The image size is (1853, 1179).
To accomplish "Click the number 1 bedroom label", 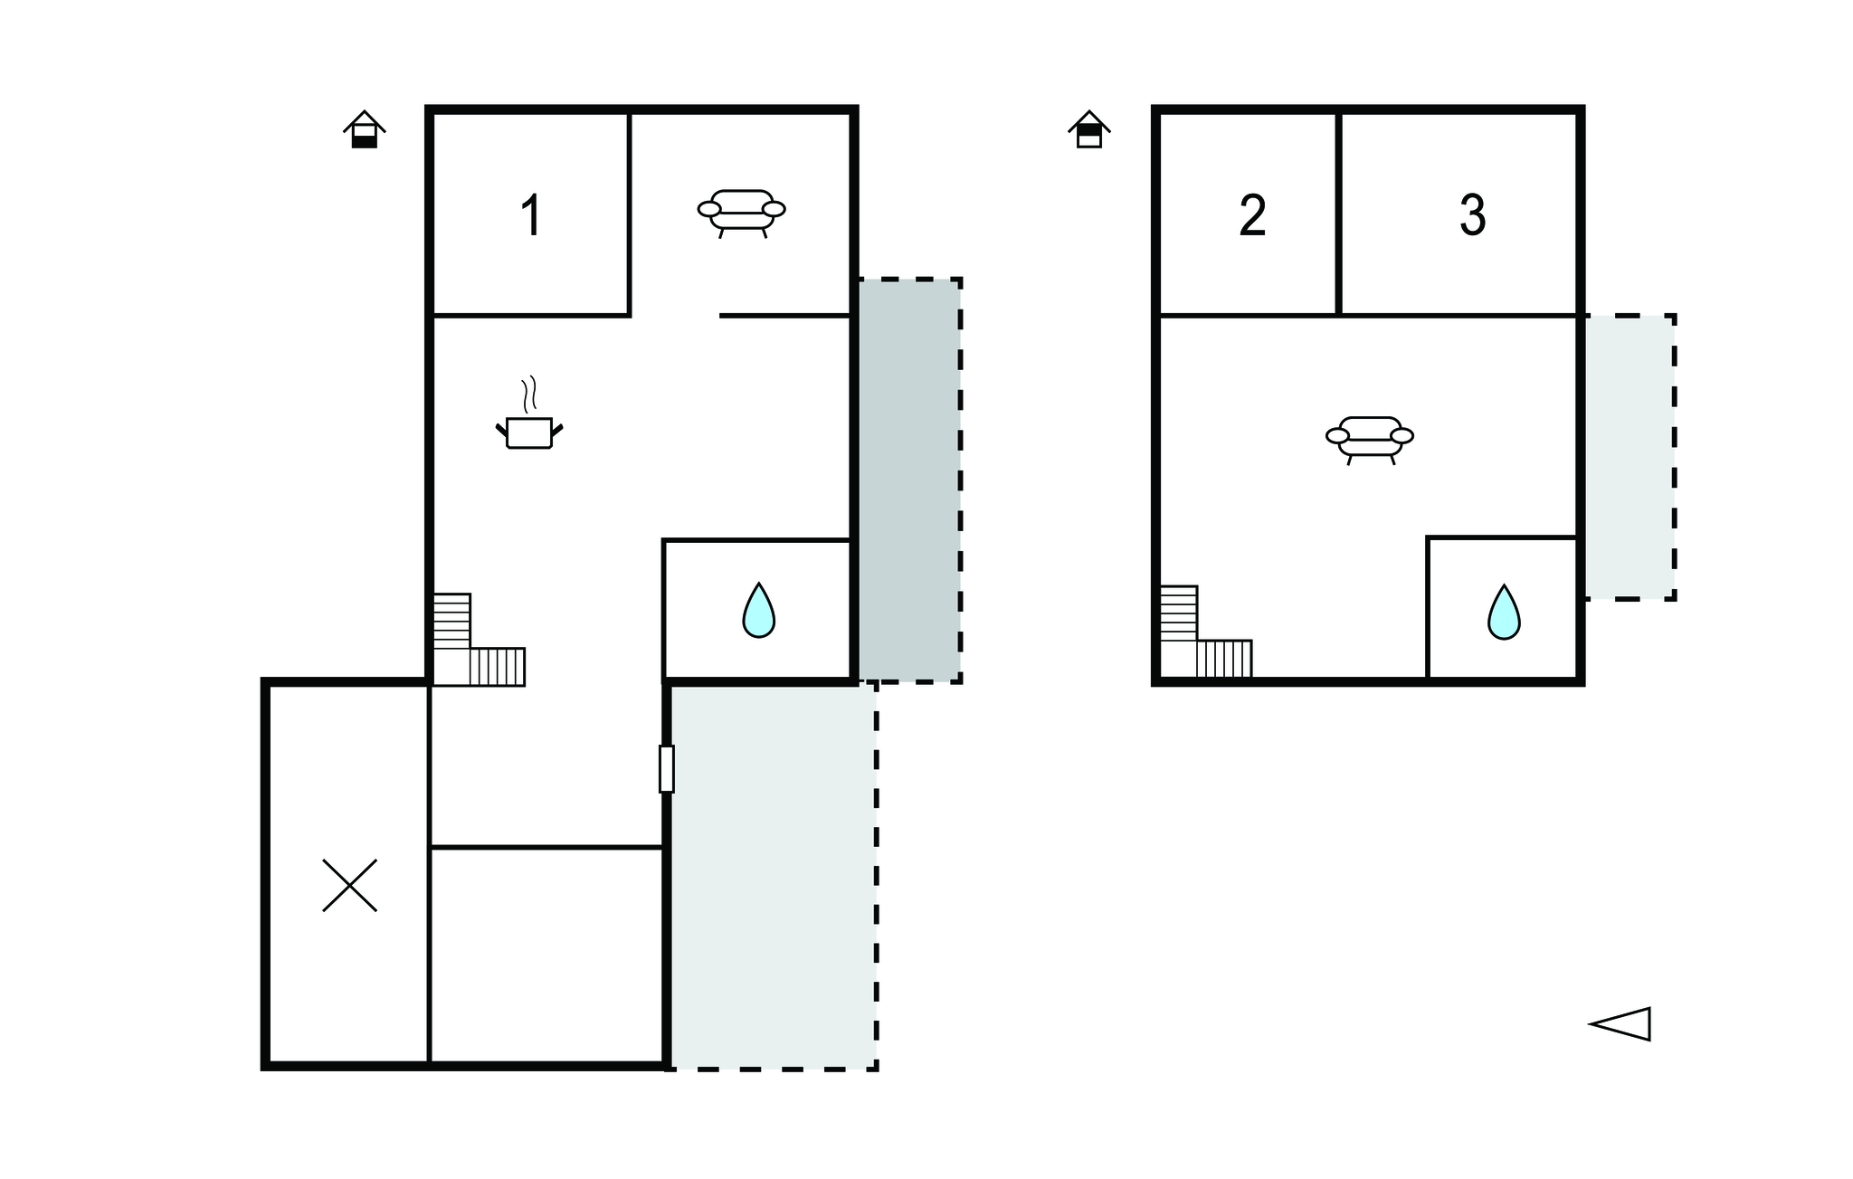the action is click(531, 216).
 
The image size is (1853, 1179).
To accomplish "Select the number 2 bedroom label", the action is click(1252, 216).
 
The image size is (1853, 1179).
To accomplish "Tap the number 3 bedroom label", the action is click(1472, 216).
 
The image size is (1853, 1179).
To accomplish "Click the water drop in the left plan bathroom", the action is click(758, 610).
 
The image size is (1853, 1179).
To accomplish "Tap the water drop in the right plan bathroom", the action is click(1504, 612).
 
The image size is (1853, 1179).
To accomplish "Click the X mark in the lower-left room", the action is click(350, 885).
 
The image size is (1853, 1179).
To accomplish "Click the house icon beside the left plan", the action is click(365, 128).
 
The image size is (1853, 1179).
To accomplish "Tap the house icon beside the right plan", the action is click(1089, 128).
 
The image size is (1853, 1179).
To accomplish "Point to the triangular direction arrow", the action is click(1620, 1024).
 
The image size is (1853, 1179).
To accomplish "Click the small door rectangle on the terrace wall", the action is click(667, 768).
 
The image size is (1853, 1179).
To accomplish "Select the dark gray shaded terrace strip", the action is click(909, 480).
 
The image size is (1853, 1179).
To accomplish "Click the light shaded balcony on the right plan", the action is click(1628, 457).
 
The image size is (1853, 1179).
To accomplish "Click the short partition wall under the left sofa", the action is click(784, 316).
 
